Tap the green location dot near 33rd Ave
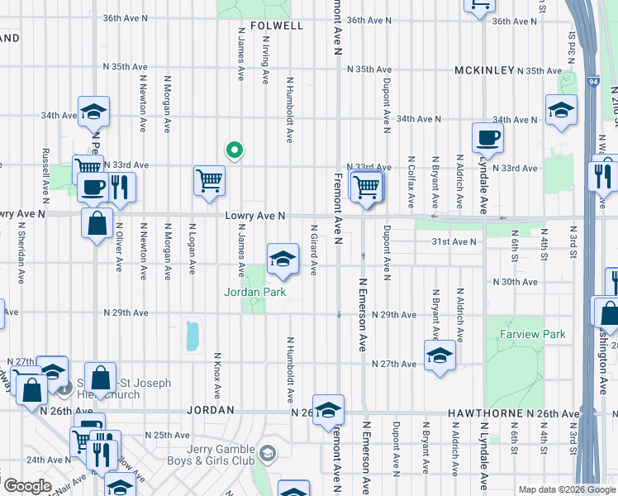coord(235,150)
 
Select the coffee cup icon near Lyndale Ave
coord(487,138)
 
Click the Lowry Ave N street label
coord(256,216)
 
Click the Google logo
coord(27,486)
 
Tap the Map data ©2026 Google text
coord(566,489)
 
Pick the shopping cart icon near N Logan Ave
coord(210,181)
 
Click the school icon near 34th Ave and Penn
coord(94,111)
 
